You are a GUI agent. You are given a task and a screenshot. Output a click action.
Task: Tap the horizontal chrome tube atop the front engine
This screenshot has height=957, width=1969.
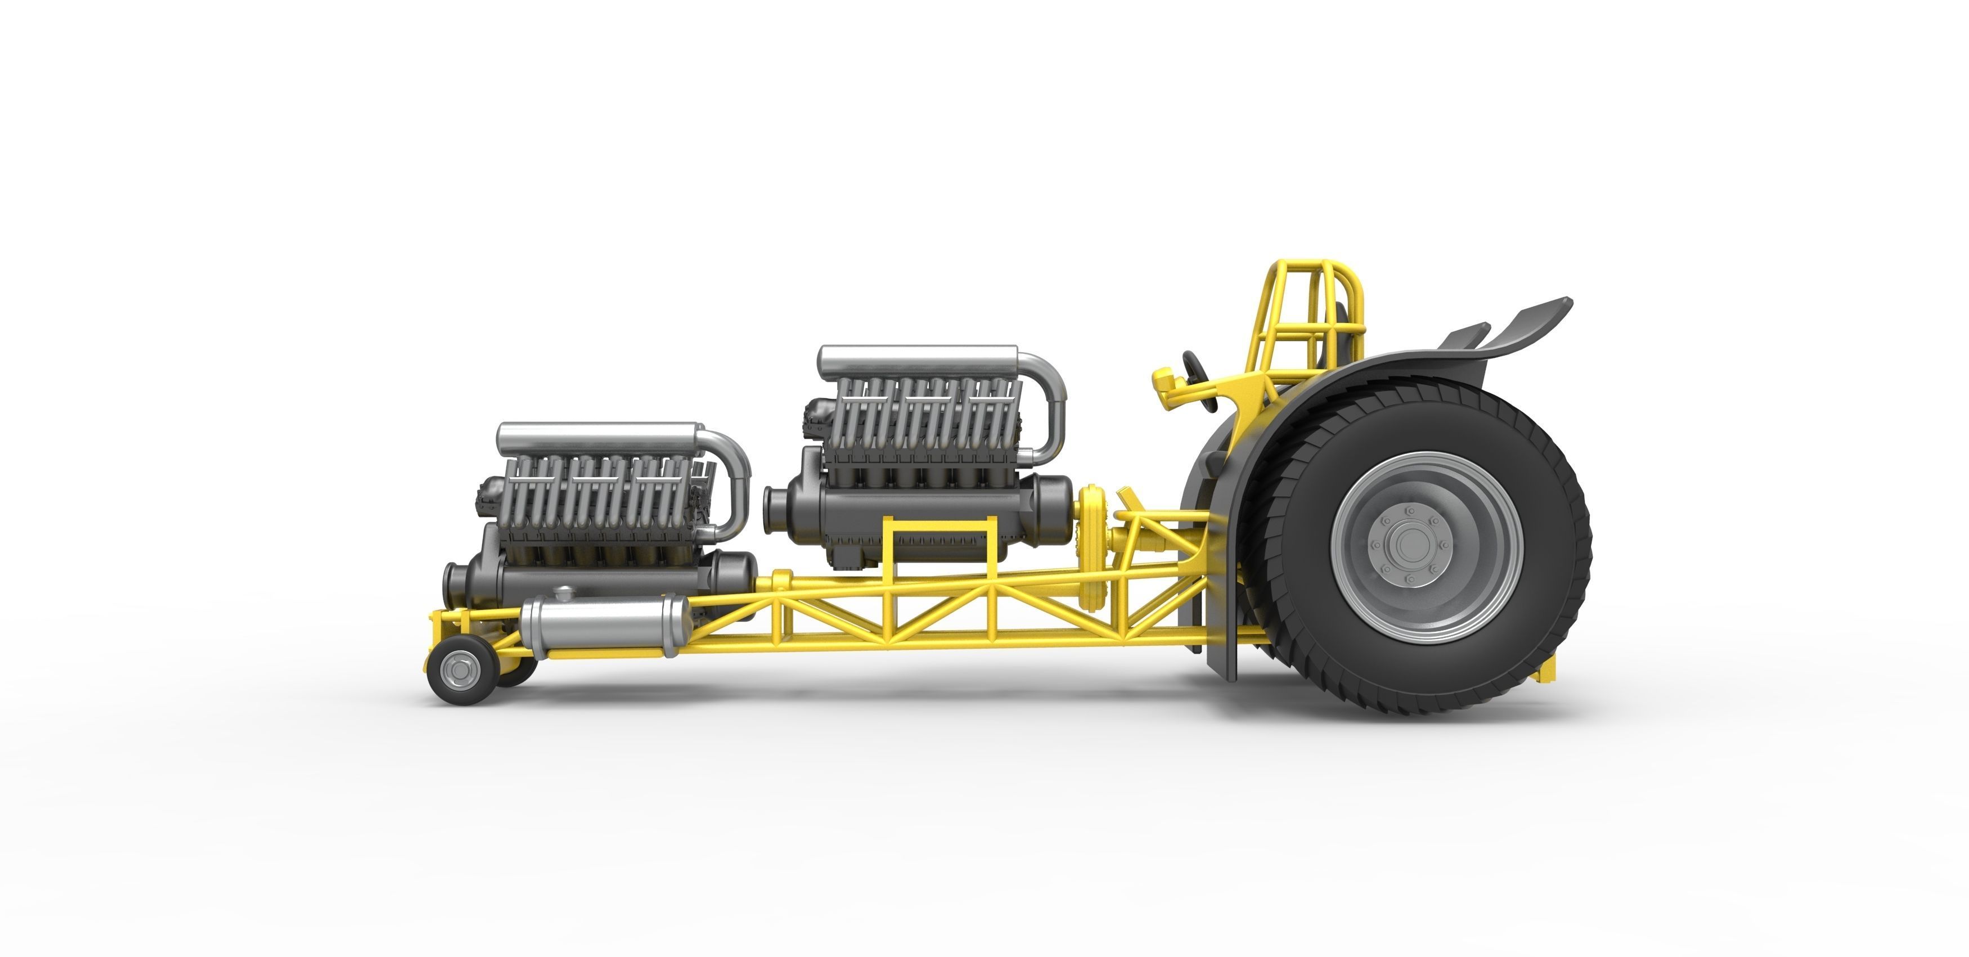click(x=596, y=438)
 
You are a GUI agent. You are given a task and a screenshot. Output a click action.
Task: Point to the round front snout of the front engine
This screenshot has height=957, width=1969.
click(x=453, y=584)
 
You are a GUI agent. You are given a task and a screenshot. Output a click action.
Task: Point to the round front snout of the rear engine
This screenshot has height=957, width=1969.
click(x=775, y=507)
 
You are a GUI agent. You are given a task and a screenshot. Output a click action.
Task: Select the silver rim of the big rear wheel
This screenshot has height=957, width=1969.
click(x=1353, y=596)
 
